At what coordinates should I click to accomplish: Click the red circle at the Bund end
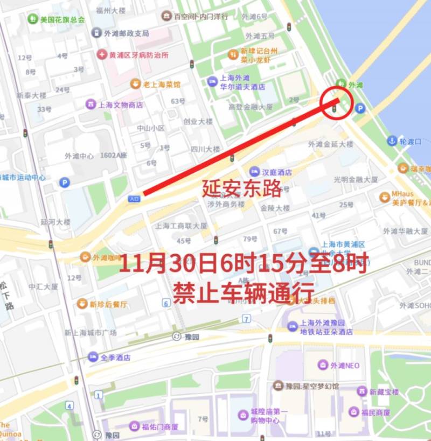(x=337, y=102)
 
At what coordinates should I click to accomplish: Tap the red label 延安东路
(x=242, y=188)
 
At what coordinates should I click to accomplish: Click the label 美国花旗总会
(x=62, y=19)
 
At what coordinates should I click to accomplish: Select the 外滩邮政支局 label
(x=127, y=33)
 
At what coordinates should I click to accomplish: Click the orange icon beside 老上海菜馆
(x=135, y=84)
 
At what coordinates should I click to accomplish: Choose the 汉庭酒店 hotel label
(x=276, y=172)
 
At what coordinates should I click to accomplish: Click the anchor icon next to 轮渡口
(x=392, y=141)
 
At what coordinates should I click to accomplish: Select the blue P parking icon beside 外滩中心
(x=65, y=183)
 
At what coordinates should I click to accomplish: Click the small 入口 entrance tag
(x=134, y=198)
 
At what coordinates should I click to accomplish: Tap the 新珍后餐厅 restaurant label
(x=108, y=304)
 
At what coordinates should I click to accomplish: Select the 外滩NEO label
(x=345, y=366)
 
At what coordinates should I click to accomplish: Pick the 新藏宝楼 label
(x=384, y=392)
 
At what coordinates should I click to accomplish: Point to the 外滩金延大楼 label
(x=330, y=144)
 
